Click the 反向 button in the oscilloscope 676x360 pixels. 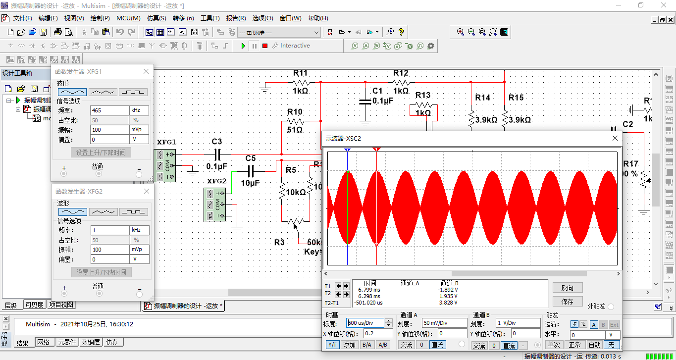(568, 288)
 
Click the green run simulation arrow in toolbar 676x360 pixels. (243, 46)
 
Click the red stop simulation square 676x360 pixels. (265, 46)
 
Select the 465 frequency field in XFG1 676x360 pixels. (109, 110)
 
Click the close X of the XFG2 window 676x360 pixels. (146, 191)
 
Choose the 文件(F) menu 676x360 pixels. (22, 18)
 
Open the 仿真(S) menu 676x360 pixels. (156, 18)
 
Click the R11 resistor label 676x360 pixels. (300, 73)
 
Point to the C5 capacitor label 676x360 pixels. (251, 158)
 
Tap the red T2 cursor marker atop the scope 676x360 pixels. (377, 149)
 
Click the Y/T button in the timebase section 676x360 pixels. (333, 345)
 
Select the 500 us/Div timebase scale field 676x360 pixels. (365, 323)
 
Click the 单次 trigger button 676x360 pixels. (554, 345)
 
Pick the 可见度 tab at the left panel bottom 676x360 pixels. (34, 305)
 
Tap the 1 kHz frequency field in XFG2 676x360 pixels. (109, 230)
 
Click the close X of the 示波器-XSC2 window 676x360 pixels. (615, 138)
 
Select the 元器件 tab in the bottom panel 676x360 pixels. (67, 342)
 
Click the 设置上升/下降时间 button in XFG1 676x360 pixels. (101, 153)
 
